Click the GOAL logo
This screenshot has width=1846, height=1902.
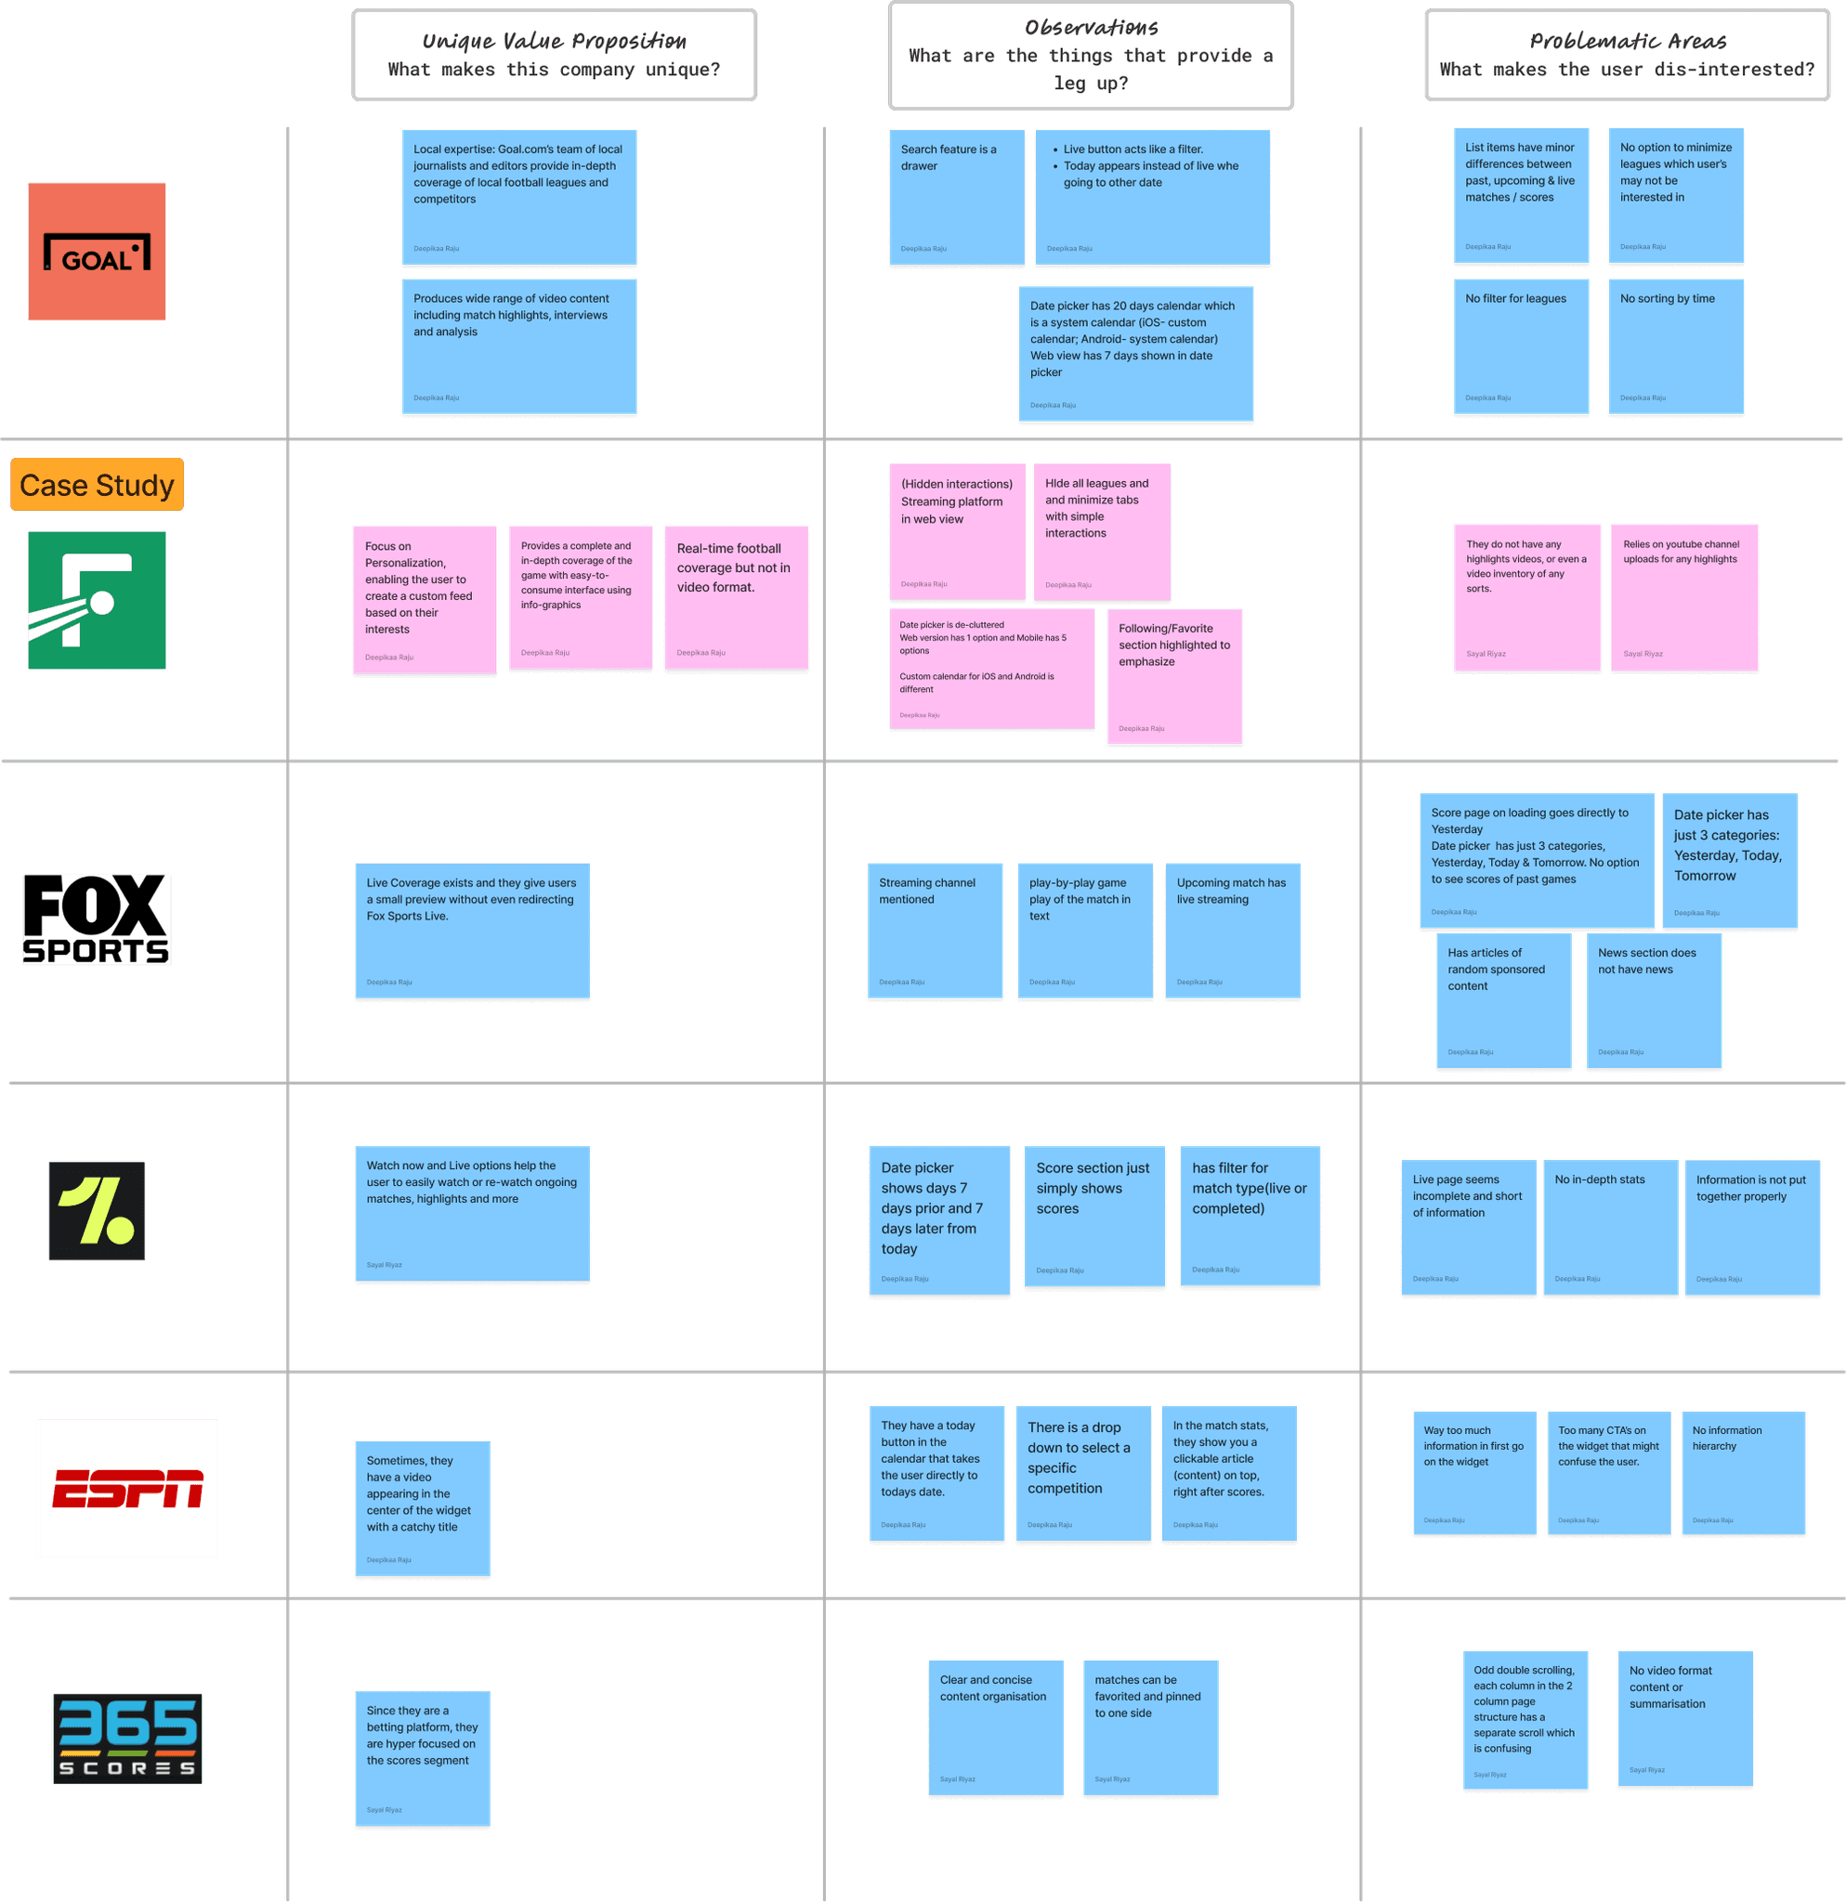(96, 252)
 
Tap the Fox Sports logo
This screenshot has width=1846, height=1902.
(97, 919)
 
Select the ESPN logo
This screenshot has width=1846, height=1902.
(127, 1489)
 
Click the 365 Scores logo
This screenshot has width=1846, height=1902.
(127, 1738)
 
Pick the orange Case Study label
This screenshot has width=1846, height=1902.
(97, 485)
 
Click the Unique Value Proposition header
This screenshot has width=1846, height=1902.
(555, 56)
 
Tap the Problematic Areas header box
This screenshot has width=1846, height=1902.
(1627, 56)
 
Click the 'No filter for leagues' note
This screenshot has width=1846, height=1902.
(1520, 347)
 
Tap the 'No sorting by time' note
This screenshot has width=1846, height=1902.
(1675, 347)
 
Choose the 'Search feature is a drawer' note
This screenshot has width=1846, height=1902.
(956, 198)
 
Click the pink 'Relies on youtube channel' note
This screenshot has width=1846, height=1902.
(1684, 598)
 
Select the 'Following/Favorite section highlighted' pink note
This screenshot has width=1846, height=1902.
(1174, 676)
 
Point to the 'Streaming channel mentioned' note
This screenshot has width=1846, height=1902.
(935, 931)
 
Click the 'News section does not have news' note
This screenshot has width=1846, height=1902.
(1654, 1000)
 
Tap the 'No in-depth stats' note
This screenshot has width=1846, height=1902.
(1610, 1228)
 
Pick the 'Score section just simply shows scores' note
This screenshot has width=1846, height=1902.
(1093, 1217)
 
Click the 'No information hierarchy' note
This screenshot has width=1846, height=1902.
(1743, 1472)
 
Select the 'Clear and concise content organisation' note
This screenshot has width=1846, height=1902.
(996, 1728)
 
